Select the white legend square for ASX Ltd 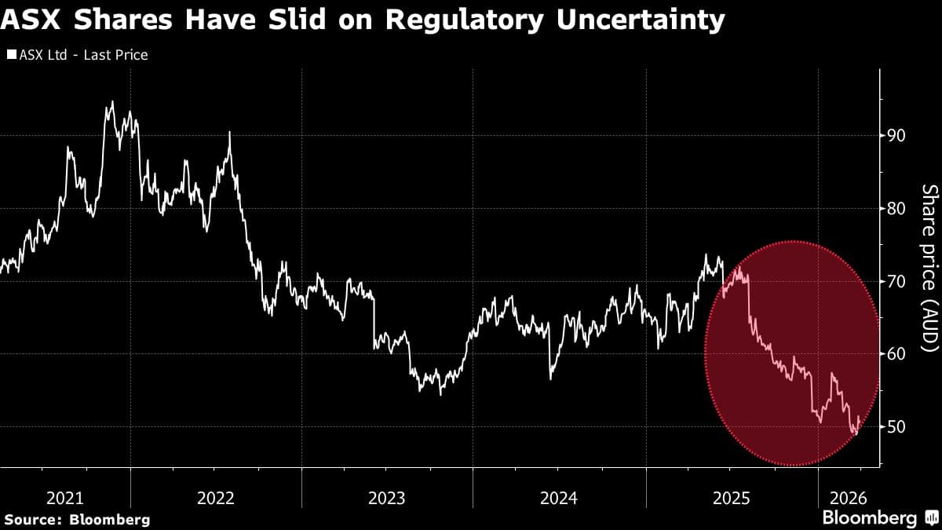[12, 55]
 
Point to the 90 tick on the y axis [896, 135]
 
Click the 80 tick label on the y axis [896, 208]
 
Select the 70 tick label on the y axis [896, 281]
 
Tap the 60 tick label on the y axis [896, 354]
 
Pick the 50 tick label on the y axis [896, 426]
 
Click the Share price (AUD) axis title [929, 267]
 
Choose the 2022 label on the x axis [216, 498]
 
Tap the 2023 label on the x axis [387, 498]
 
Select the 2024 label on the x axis [559, 498]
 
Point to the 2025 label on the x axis [731, 498]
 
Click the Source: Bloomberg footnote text [76, 519]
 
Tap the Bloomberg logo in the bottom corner [879, 518]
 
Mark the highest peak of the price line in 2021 [111, 101]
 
